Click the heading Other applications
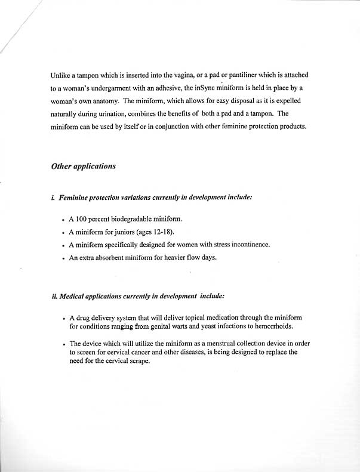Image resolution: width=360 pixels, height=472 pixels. click(x=84, y=166)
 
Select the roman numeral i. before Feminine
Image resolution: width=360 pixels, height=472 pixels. click(x=54, y=196)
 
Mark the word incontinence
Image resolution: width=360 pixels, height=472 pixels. click(x=250, y=245)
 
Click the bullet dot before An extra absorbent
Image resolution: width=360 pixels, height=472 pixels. click(x=64, y=258)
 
